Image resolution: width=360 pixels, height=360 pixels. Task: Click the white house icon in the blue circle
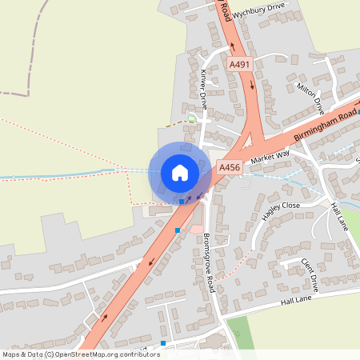click(x=179, y=173)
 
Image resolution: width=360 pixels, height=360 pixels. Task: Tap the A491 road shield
click(x=238, y=64)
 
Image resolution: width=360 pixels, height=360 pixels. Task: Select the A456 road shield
click(x=230, y=167)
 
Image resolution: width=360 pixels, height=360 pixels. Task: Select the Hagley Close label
click(x=280, y=210)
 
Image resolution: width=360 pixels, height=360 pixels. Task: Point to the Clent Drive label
click(x=310, y=273)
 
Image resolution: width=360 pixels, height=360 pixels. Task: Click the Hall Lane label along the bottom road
click(x=295, y=302)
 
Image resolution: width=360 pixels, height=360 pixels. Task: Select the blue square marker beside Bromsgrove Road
click(x=178, y=230)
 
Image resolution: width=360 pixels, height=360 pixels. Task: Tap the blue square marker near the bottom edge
click(x=163, y=343)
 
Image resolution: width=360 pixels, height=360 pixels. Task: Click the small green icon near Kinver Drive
click(x=191, y=119)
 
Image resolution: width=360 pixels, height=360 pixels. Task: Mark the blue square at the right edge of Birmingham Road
click(x=358, y=112)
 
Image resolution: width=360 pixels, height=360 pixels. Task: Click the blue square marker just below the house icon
click(x=182, y=202)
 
